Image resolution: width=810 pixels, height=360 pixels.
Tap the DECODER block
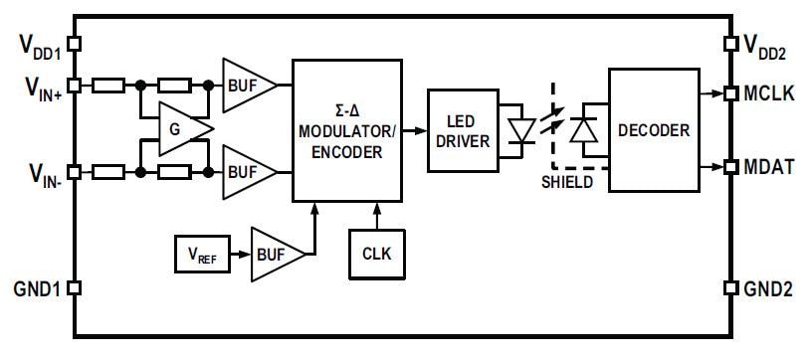[x=654, y=130]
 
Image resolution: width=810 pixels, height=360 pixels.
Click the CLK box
[x=377, y=253]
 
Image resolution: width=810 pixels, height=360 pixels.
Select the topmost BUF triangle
[x=245, y=87]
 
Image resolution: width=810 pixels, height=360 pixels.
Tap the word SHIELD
[x=568, y=182]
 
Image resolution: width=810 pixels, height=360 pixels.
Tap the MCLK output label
[x=769, y=91]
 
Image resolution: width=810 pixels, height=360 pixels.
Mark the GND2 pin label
[x=768, y=288]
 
